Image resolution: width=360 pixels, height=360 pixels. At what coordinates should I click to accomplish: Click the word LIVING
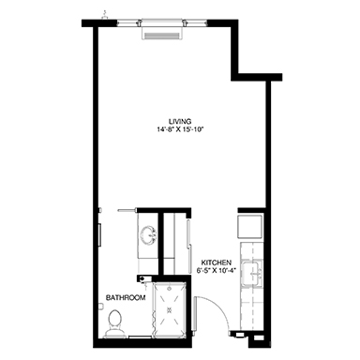pyautogui.click(x=180, y=121)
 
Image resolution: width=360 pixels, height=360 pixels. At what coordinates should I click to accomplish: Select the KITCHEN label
pyautogui.click(x=216, y=262)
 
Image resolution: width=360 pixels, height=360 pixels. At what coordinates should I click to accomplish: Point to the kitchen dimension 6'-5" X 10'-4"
pyautogui.click(x=216, y=270)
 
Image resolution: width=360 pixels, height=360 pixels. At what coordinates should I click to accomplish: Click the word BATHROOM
pyautogui.click(x=126, y=298)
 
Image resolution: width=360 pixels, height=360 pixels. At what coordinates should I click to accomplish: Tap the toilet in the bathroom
pyautogui.click(x=114, y=323)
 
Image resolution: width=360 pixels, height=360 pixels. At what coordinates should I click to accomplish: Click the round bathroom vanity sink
pyautogui.click(x=149, y=235)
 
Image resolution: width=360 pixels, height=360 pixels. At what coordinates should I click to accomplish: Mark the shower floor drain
pyautogui.click(x=171, y=309)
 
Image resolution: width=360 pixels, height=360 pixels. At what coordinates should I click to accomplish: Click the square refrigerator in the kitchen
pyautogui.click(x=250, y=227)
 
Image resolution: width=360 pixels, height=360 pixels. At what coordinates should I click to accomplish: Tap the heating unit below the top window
pyautogui.click(x=162, y=33)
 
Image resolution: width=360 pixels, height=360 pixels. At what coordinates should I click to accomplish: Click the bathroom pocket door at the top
pyautogui.click(x=127, y=210)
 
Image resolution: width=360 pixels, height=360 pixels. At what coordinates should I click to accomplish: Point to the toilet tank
pyautogui.click(x=114, y=334)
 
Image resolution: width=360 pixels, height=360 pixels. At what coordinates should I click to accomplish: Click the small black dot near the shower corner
pyautogui.click(x=142, y=278)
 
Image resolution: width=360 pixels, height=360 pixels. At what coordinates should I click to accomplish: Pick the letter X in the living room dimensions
pyautogui.click(x=181, y=129)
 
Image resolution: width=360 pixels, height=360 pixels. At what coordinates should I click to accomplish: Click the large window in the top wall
pyautogui.click(x=162, y=22)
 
